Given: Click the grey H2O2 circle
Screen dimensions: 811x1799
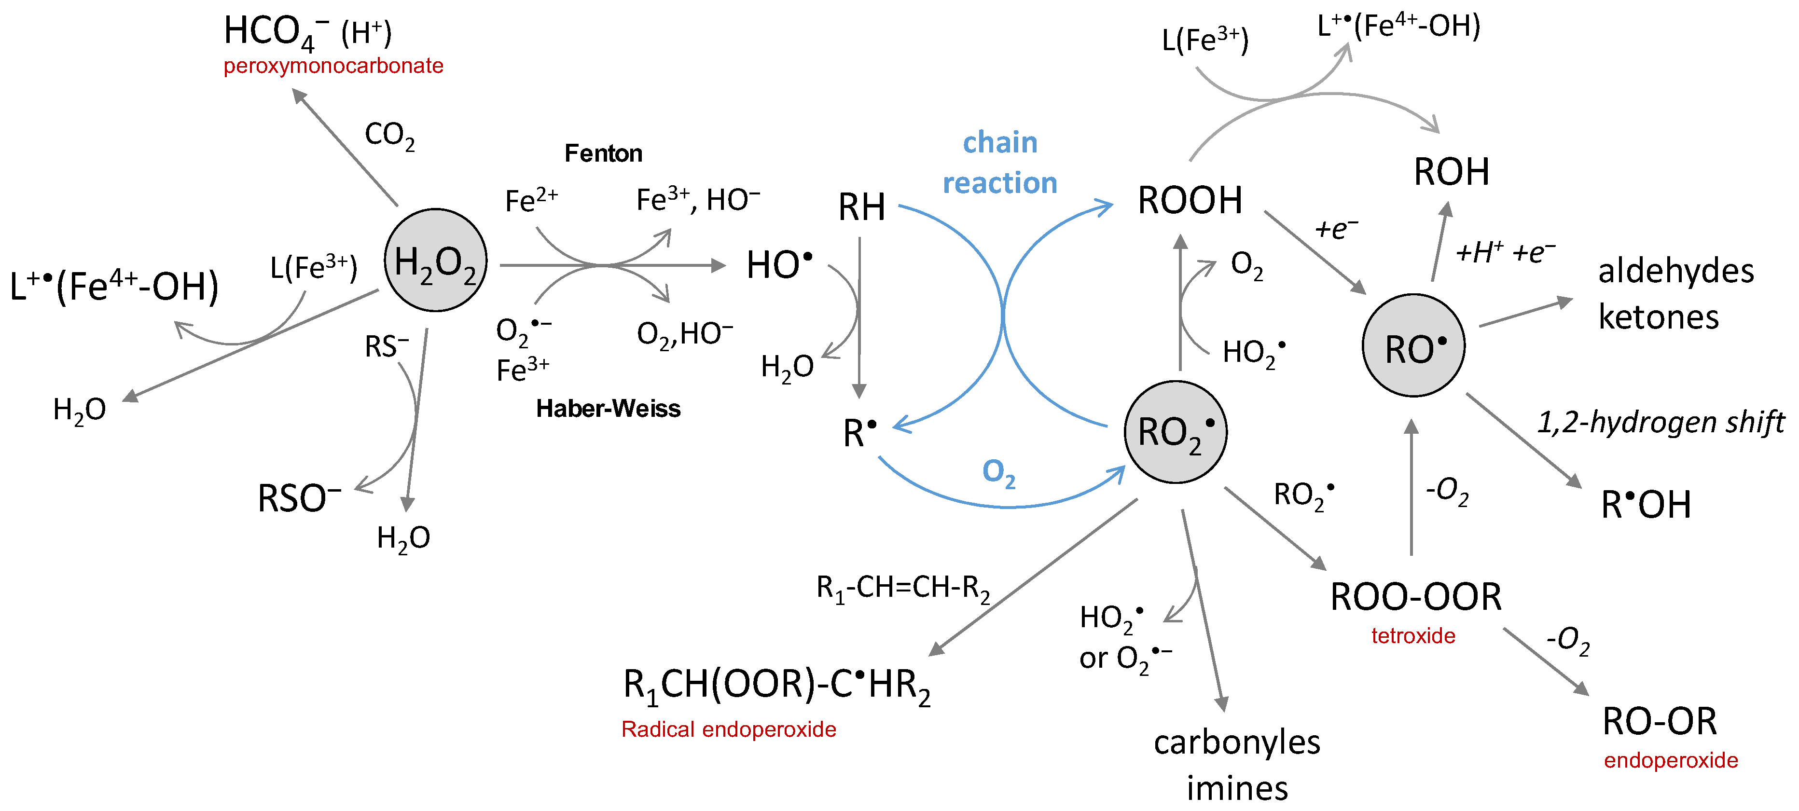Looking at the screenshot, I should (435, 261).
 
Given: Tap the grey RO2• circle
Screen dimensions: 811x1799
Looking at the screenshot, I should (1176, 432).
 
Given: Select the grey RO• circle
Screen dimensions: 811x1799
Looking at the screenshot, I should (1413, 345).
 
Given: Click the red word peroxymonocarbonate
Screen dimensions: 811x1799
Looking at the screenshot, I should (333, 66).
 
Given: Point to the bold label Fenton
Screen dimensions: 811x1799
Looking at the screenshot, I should (603, 153).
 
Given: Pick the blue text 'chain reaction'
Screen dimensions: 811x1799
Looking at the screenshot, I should (1000, 163).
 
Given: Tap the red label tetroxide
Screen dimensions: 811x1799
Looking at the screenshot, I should (1413, 636).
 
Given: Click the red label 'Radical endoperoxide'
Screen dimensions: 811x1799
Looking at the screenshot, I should (728, 729).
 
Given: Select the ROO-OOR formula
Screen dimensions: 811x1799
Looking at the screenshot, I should (1415, 597).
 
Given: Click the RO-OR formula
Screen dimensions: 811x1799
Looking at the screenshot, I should (1660, 722).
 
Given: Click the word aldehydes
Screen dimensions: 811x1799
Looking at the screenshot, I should (1675, 271).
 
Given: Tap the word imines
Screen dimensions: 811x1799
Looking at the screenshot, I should (1237, 789).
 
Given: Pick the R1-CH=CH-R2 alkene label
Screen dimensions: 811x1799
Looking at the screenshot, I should (903, 589).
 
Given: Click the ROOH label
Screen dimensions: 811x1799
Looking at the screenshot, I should (1190, 200).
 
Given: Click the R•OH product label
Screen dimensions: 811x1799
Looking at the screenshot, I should (1646, 505).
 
